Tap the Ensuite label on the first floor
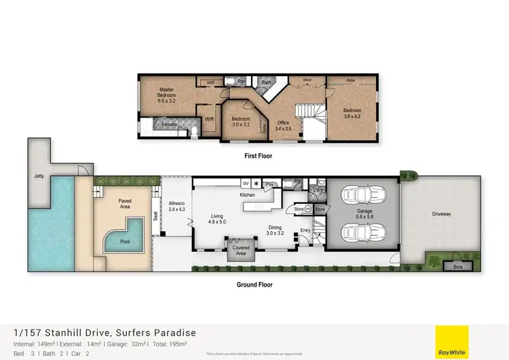tap(169, 125)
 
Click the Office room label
tap(282, 126)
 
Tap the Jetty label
tap(39, 176)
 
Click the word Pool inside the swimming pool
tap(125, 241)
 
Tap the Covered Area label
tap(241, 251)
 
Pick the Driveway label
tap(442, 214)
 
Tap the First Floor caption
tap(258, 156)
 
